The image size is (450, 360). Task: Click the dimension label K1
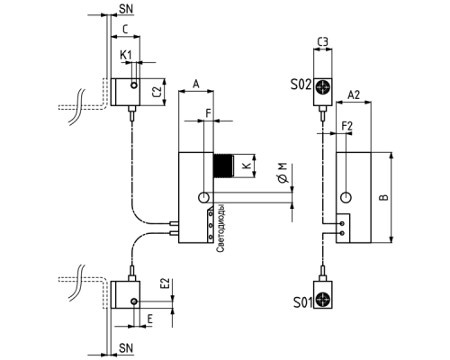[126, 55]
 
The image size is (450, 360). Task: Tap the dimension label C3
[323, 42]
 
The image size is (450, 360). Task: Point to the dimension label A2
[354, 94]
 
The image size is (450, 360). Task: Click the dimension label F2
[347, 126]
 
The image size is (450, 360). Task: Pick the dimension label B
[383, 197]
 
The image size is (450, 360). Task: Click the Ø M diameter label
[283, 173]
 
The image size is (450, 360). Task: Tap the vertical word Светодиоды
[220, 229]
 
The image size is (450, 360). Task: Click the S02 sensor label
[301, 85]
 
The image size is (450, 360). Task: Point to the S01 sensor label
[303, 302]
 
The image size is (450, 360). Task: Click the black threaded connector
[223, 166]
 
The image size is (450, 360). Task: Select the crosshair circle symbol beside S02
[322, 87]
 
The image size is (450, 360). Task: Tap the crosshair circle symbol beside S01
[322, 300]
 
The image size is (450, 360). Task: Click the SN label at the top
[126, 9]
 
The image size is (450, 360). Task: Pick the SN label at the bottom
[126, 348]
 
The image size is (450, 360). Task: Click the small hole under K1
[134, 85]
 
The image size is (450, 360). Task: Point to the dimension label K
[247, 166]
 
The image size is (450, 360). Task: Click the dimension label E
[149, 319]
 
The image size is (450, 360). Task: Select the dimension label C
[125, 29]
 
